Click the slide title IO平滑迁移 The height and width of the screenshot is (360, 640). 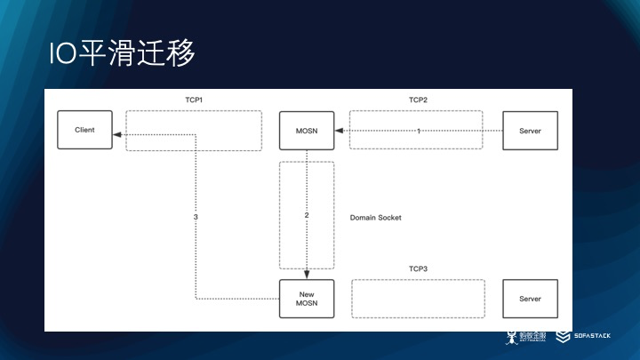click(122, 52)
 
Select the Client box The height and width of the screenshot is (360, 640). click(85, 130)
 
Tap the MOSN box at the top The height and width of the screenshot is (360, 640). click(307, 131)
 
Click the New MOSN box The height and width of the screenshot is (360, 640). click(307, 299)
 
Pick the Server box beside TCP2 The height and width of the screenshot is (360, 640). click(530, 131)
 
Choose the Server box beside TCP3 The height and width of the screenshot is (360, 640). click(530, 299)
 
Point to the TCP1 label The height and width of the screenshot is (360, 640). click(194, 100)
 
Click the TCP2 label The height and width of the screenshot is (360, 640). click(418, 100)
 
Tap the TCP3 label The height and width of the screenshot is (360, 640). click(418, 268)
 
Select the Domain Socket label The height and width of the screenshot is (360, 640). click(377, 217)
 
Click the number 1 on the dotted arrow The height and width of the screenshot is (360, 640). click(419, 131)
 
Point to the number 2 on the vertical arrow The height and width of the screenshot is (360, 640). click(307, 215)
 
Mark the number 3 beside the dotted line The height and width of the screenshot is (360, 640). click(195, 217)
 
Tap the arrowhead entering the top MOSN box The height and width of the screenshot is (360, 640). click(338, 131)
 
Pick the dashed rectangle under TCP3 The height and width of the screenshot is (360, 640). click(419, 299)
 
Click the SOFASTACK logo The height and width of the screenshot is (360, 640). click(586, 338)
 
